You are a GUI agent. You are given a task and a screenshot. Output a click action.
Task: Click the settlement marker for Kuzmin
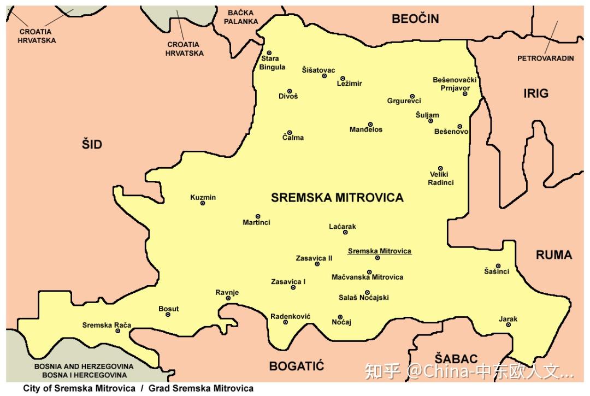[x=203, y=203]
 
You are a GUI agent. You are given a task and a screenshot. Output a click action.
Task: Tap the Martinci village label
[x=256, y=222]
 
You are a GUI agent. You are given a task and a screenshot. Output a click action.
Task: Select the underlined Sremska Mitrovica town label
[x=379, y=251]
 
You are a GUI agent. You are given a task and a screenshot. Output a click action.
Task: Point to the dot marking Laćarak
[x=345, y=233]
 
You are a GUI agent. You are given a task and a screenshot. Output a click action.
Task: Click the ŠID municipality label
[x=92, y=145]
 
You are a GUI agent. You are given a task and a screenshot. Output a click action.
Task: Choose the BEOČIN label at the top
[x=415, y=19]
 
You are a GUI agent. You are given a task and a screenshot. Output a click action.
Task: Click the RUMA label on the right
[x=553, y=255]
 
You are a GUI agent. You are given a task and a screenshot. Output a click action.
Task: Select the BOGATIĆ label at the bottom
[x=297, y=365]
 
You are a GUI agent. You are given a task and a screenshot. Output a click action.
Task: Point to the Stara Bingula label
[x=272, y=63]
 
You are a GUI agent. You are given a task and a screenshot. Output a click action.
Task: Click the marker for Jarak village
[x=508, y=325]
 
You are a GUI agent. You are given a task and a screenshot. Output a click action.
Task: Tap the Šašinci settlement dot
[x=498, y=266]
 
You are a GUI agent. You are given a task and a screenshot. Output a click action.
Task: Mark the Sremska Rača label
[x=107, y=325]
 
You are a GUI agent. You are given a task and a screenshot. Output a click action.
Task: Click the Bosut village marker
[x=168, y=315]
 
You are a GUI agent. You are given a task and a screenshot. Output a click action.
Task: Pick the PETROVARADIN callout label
[x=545, y=58]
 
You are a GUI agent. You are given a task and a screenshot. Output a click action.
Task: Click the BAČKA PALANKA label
[x=241, y=17]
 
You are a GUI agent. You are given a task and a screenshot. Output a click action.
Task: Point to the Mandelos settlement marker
[x=370, y=125]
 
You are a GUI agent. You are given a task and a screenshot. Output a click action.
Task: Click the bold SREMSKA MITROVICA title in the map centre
[x=337, y=198]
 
